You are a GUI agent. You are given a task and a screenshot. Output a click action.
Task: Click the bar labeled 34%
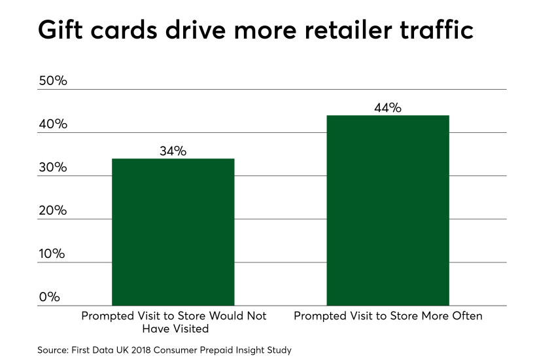tap(173, 232)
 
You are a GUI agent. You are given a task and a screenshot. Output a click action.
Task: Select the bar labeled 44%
tap(387, 210)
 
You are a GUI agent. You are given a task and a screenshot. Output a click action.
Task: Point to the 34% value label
tap(173, 151)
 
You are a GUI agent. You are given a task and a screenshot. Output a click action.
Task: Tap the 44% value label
tap(387, 108)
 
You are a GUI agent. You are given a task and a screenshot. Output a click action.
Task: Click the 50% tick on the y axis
tap(52, 81)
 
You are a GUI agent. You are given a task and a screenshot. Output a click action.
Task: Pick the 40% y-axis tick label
tap(52, 124)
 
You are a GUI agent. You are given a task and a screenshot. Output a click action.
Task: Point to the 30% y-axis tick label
tap(52, 168)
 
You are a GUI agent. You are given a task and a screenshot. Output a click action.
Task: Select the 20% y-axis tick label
tap(52, 211)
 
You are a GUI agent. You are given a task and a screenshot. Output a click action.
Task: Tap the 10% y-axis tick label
tap(52, 254)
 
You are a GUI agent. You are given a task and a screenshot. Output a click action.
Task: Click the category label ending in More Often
tap(388, 316)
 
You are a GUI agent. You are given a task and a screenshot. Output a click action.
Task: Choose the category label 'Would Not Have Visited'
tap(173, 322)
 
